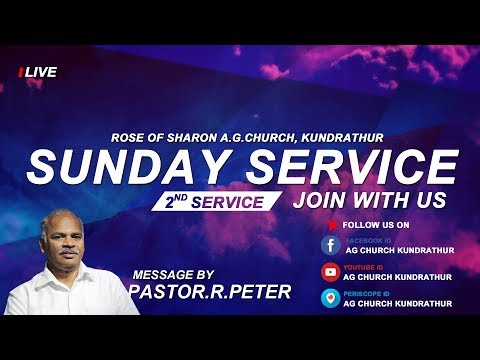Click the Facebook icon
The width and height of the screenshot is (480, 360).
(x=329, y=246)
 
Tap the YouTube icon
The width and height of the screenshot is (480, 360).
(x=329, y=272)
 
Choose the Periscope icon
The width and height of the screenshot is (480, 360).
(x=329, y=298)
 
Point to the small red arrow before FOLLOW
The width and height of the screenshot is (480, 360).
(x=346, y=225)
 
